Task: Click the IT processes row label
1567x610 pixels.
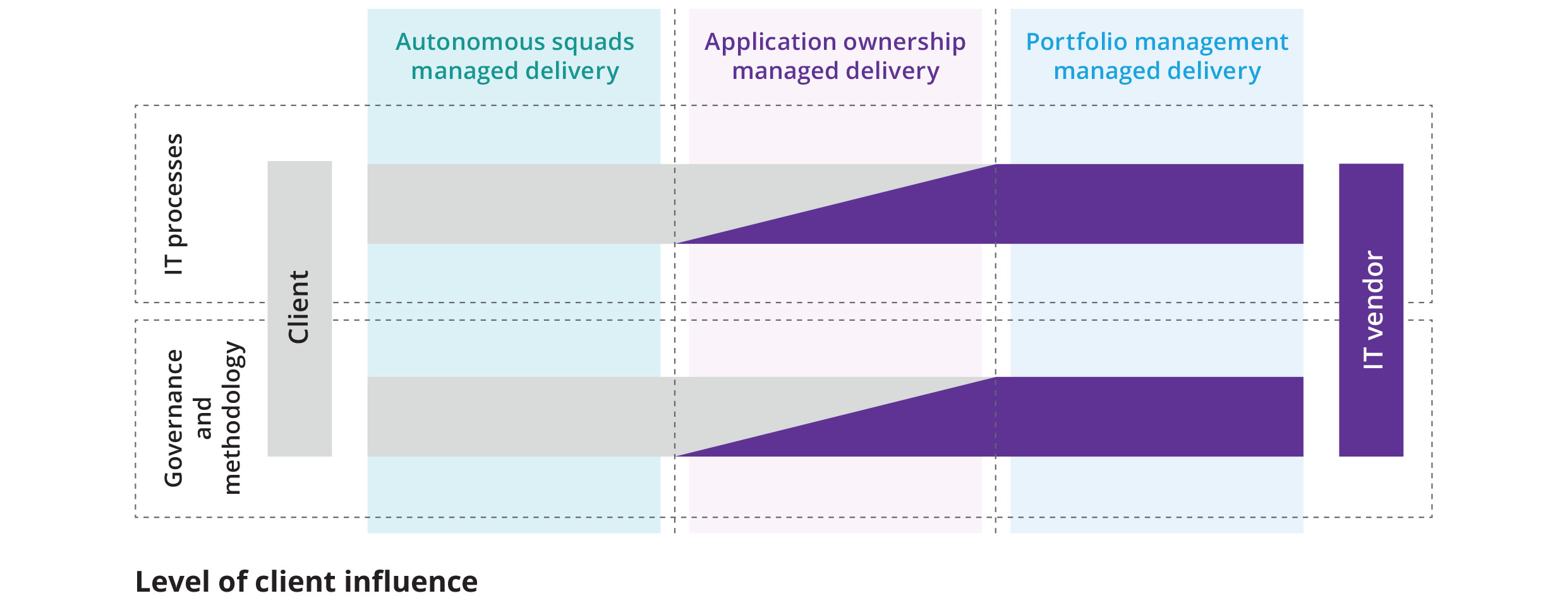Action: [173, 203]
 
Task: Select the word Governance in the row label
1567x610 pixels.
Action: [173, 418]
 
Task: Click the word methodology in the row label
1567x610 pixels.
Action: [232, 418]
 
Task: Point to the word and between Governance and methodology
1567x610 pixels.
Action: [203, 418]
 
